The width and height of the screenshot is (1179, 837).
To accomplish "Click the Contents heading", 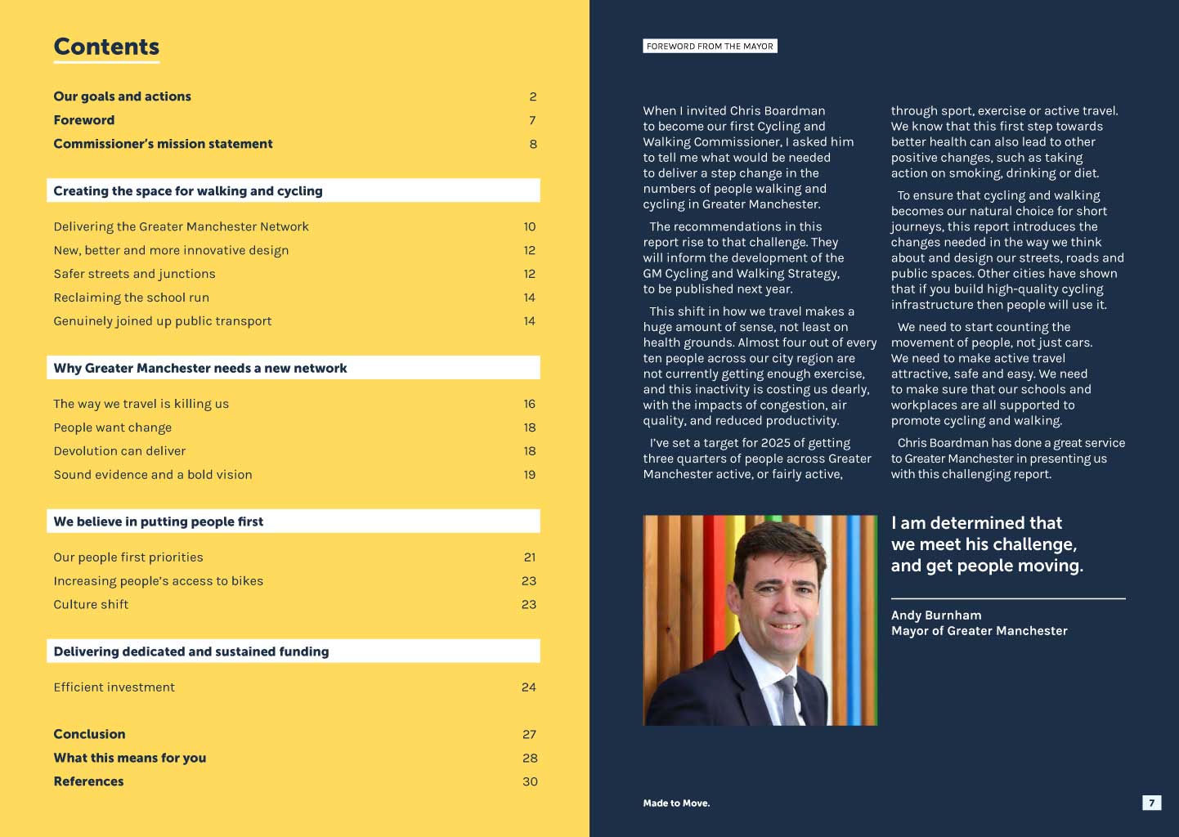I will click(x=106, y=47).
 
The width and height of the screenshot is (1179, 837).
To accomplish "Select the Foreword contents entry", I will click(x=84, y=120).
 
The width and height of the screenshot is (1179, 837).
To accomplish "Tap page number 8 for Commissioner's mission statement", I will click(x=533, y=144).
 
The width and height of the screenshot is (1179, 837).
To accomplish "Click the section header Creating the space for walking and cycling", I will click(x=188, y=191).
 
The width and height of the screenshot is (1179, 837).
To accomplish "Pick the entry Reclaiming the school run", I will click(x=131, y=298).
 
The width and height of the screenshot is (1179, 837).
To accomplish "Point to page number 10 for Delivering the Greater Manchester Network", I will click(x=530, y=226).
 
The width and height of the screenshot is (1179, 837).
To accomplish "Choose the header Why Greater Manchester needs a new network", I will click(x=200, y=369).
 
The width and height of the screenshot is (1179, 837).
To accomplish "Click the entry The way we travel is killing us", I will click(x=141, y=404).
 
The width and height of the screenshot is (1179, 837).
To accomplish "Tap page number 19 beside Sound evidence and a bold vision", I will click(x=530, y=475).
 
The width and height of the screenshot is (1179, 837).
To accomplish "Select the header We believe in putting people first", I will click(x=159, y=521).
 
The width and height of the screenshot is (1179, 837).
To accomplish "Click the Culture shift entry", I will click(x=91, y=605).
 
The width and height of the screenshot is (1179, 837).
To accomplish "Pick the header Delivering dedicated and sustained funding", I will click(x=191, y=651).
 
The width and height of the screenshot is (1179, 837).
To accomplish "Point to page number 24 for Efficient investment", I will click(x=529, y=687).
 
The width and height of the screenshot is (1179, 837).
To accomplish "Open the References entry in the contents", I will click(x=88, y=781).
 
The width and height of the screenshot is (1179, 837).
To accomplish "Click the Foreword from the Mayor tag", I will click(x=710, y=47).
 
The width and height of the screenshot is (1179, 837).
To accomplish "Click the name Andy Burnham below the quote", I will click(x=936, y=615).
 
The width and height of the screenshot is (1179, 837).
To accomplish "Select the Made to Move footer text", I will click(x=676, y=803).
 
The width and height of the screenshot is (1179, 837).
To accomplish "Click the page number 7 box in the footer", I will click(x=1151, y=803).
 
